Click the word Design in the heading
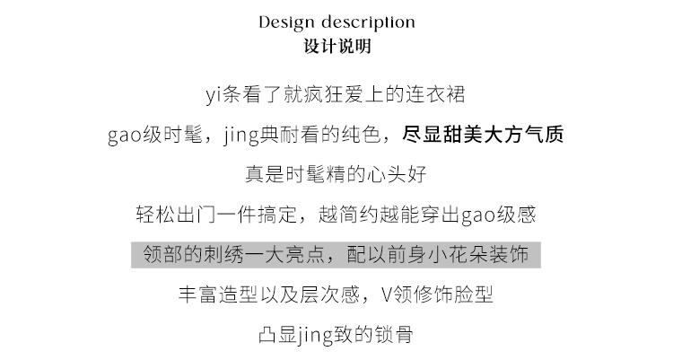tap(287, 22)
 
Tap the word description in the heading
tap(368, 22)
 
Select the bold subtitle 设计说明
tap(337, 46)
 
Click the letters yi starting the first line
tap(214, 94)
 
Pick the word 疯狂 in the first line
tap(323, 94)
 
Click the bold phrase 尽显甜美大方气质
tap(483, 135)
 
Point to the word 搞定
tap(277, 215)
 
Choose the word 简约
tap(358, 215)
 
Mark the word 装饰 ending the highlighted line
tap(509, 254)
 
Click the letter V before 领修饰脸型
tap(386, 294)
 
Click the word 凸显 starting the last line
tap(277, 335)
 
